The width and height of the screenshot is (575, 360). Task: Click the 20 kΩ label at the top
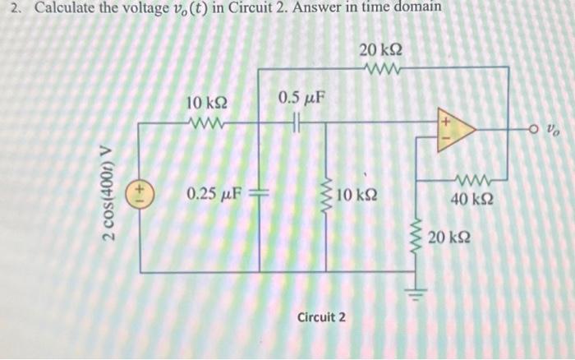point(380,51)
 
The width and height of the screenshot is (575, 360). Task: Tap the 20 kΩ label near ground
point(449,238)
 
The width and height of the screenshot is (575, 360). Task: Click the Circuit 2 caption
point(322,316)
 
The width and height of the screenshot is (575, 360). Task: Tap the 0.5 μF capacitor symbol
point(298,123)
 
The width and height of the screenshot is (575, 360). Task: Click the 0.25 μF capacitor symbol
point(258,196)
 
